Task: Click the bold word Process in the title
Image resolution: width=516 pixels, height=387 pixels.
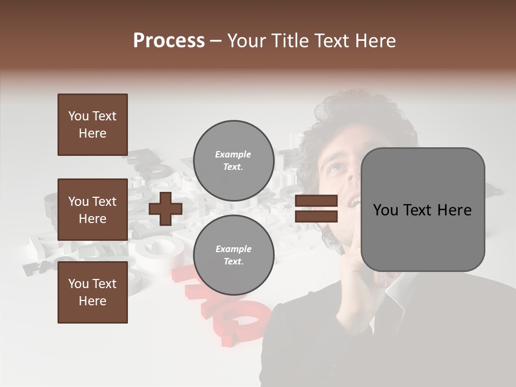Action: [169, 41]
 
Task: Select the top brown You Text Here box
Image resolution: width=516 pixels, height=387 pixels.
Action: [92, 125]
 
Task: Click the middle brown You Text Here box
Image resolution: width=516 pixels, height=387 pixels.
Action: [92, 210]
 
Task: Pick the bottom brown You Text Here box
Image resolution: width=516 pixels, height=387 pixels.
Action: [92, 292]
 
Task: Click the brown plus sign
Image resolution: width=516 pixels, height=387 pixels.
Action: [166, 209]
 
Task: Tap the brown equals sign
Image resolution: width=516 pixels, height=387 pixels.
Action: [317, 209]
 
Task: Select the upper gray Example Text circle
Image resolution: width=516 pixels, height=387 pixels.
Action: [233, 161]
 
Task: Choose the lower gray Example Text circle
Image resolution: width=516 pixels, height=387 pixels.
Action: [233, 255]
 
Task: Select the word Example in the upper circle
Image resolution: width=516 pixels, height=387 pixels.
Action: [233, 154]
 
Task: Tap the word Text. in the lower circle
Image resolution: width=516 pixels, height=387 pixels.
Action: [233, 262]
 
